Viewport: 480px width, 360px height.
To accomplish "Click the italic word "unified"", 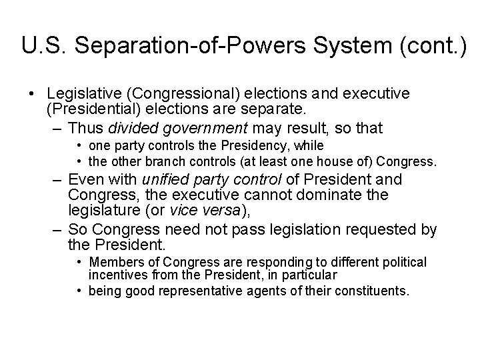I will tap(159, 179).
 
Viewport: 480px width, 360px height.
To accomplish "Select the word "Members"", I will tap(113, 261).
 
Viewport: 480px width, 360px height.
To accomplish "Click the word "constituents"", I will tap(371, 291).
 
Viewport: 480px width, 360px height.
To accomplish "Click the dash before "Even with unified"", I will tap(57, 180).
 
